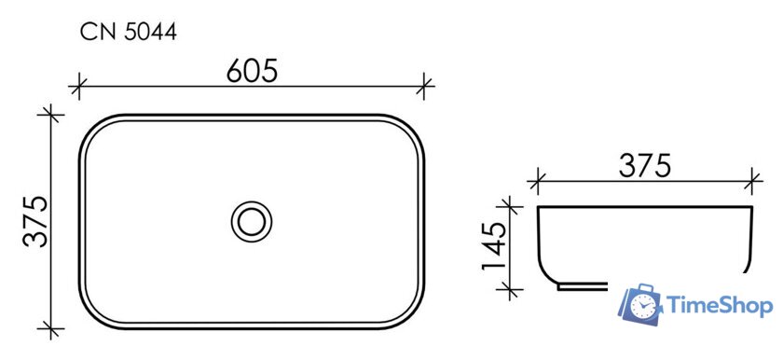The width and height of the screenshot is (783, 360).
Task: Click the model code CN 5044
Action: [x=129, y=33]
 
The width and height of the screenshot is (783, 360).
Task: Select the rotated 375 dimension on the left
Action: [x=36, y=222]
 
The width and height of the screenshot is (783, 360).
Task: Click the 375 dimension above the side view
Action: [x=644, y=166]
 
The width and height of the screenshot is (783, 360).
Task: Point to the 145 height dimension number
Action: [x=494, y=245]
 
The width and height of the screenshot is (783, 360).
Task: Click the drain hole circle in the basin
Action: [x=251, y=222]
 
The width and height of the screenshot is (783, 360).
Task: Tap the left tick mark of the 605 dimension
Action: [x=78, y=87]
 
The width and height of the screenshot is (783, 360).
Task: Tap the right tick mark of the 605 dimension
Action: [x=424, y=87]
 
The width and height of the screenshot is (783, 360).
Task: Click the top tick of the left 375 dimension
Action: [x=51, y=116]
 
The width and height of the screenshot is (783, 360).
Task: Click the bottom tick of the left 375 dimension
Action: [x=51, y=328]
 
